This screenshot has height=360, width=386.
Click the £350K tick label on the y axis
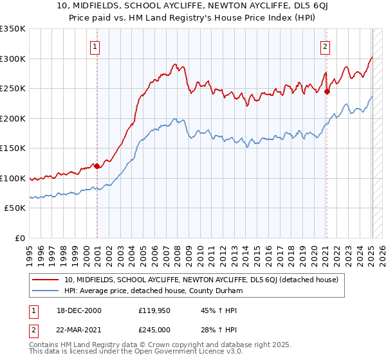(12, 29)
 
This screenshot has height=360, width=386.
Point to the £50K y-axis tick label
(15, 208)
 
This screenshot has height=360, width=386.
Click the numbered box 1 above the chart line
(95, 46)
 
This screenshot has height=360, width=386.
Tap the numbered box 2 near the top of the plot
(326, 46)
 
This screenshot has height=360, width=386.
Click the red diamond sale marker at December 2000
(96, 166)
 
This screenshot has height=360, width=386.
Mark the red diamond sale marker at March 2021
(327, 91)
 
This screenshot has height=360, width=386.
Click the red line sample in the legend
(46, 280)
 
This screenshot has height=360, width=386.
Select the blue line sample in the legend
(46, 291)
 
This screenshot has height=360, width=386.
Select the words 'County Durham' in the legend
(219, 291)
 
